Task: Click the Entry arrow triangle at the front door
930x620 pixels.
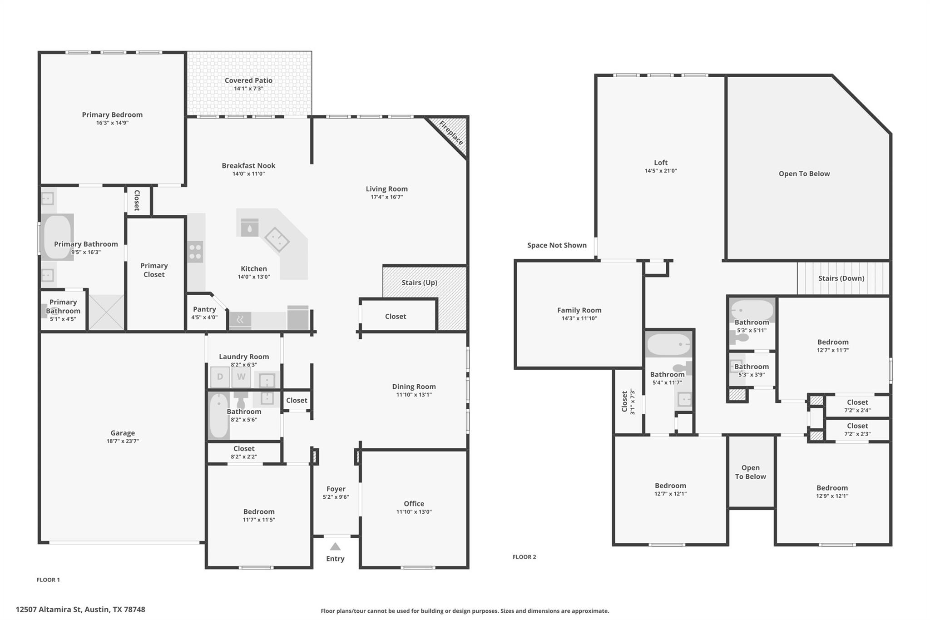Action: tap(335, 546)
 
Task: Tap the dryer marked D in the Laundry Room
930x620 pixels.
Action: tap(220, 377)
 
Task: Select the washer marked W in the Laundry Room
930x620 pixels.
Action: tap(241, 377)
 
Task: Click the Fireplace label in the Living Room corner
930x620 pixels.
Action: tap(451, 133)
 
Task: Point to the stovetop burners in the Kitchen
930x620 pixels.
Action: tap(195, 252)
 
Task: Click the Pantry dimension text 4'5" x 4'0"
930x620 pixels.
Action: tap(204, 317)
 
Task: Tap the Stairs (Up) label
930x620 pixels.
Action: tap(420, 283)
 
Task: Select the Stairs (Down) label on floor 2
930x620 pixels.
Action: tap(841, 278)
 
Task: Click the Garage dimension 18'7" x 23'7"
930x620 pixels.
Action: tap(123, 441)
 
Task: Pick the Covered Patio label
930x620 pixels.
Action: tap(248, 80)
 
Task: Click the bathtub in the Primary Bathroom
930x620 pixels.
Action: tap(58, 237)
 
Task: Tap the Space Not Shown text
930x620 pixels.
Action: tap(557, 245)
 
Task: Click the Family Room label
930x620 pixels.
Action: tap(579, 310)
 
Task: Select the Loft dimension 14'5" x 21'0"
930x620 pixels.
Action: tap(661, 171)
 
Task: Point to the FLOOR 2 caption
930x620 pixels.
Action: tap(524, 557)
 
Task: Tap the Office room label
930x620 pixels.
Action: tap(414, 504)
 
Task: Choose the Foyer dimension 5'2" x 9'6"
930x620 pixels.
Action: tap(336, 497)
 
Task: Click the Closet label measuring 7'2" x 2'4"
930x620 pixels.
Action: tap(857, 402)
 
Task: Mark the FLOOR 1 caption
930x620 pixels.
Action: tap(48, 580)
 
